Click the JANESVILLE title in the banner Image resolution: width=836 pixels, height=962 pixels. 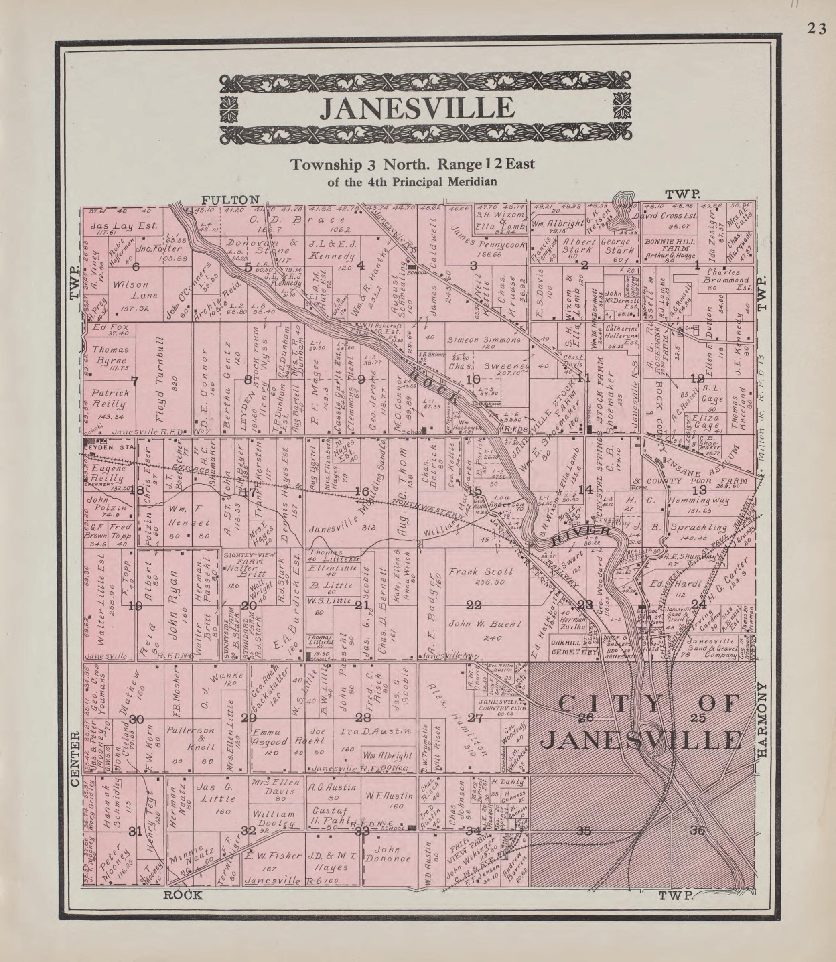point(418,108)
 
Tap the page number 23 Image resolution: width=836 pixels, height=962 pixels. point(816,29)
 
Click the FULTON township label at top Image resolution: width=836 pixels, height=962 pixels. point(229,200)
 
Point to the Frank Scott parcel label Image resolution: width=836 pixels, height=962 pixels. point(480,572)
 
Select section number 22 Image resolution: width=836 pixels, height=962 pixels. point(474,605)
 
